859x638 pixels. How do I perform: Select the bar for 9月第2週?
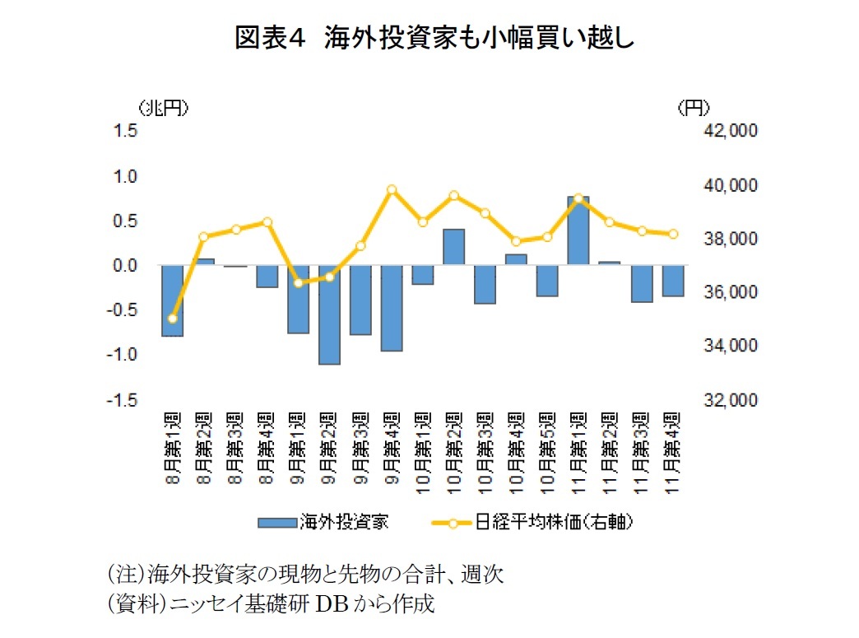coord(329,314)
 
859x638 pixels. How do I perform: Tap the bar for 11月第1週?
coord(578,231)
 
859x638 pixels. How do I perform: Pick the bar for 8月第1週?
coord(172,300)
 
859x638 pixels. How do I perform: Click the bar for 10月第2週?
coord(454,247)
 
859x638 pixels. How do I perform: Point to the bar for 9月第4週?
coord(392,308)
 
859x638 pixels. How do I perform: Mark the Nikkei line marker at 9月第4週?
coord(392,190)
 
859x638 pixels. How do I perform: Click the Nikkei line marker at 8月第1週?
coord(172,319)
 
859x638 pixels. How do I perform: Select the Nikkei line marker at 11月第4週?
coord(673,234)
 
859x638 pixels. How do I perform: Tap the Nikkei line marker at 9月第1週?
coord(298,283)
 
